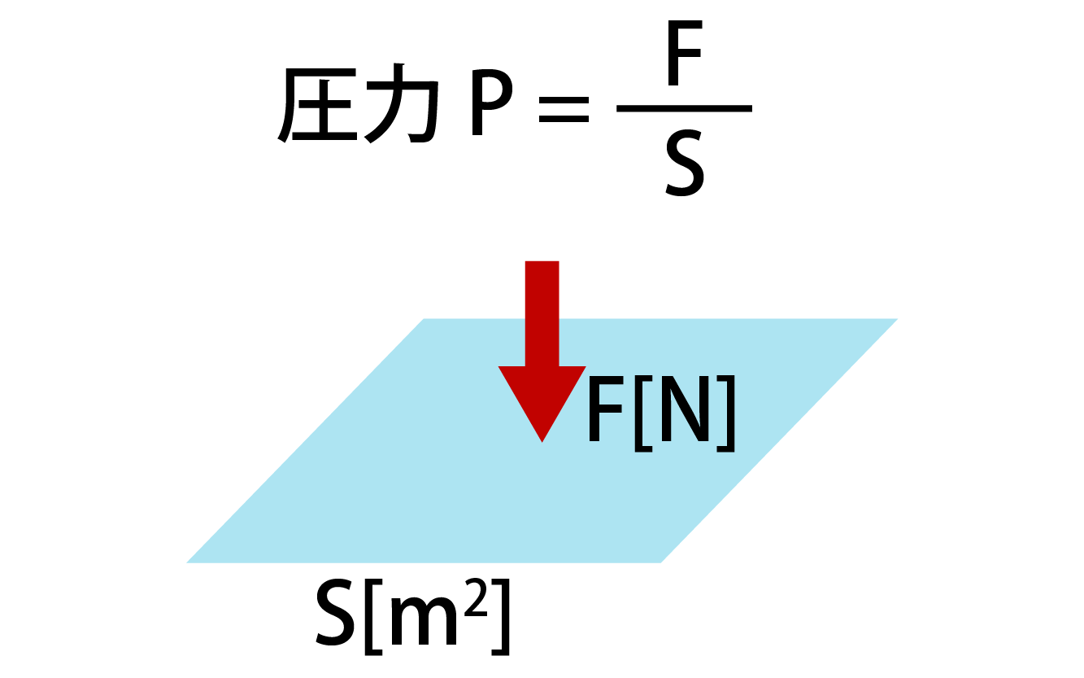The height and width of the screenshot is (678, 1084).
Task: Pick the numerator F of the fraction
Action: pos(685,56)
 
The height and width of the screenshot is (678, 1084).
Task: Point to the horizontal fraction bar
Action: pos(684,108)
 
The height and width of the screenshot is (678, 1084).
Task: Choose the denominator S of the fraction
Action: pos(684,167)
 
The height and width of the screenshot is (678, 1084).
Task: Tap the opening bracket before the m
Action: pos(374,617)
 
